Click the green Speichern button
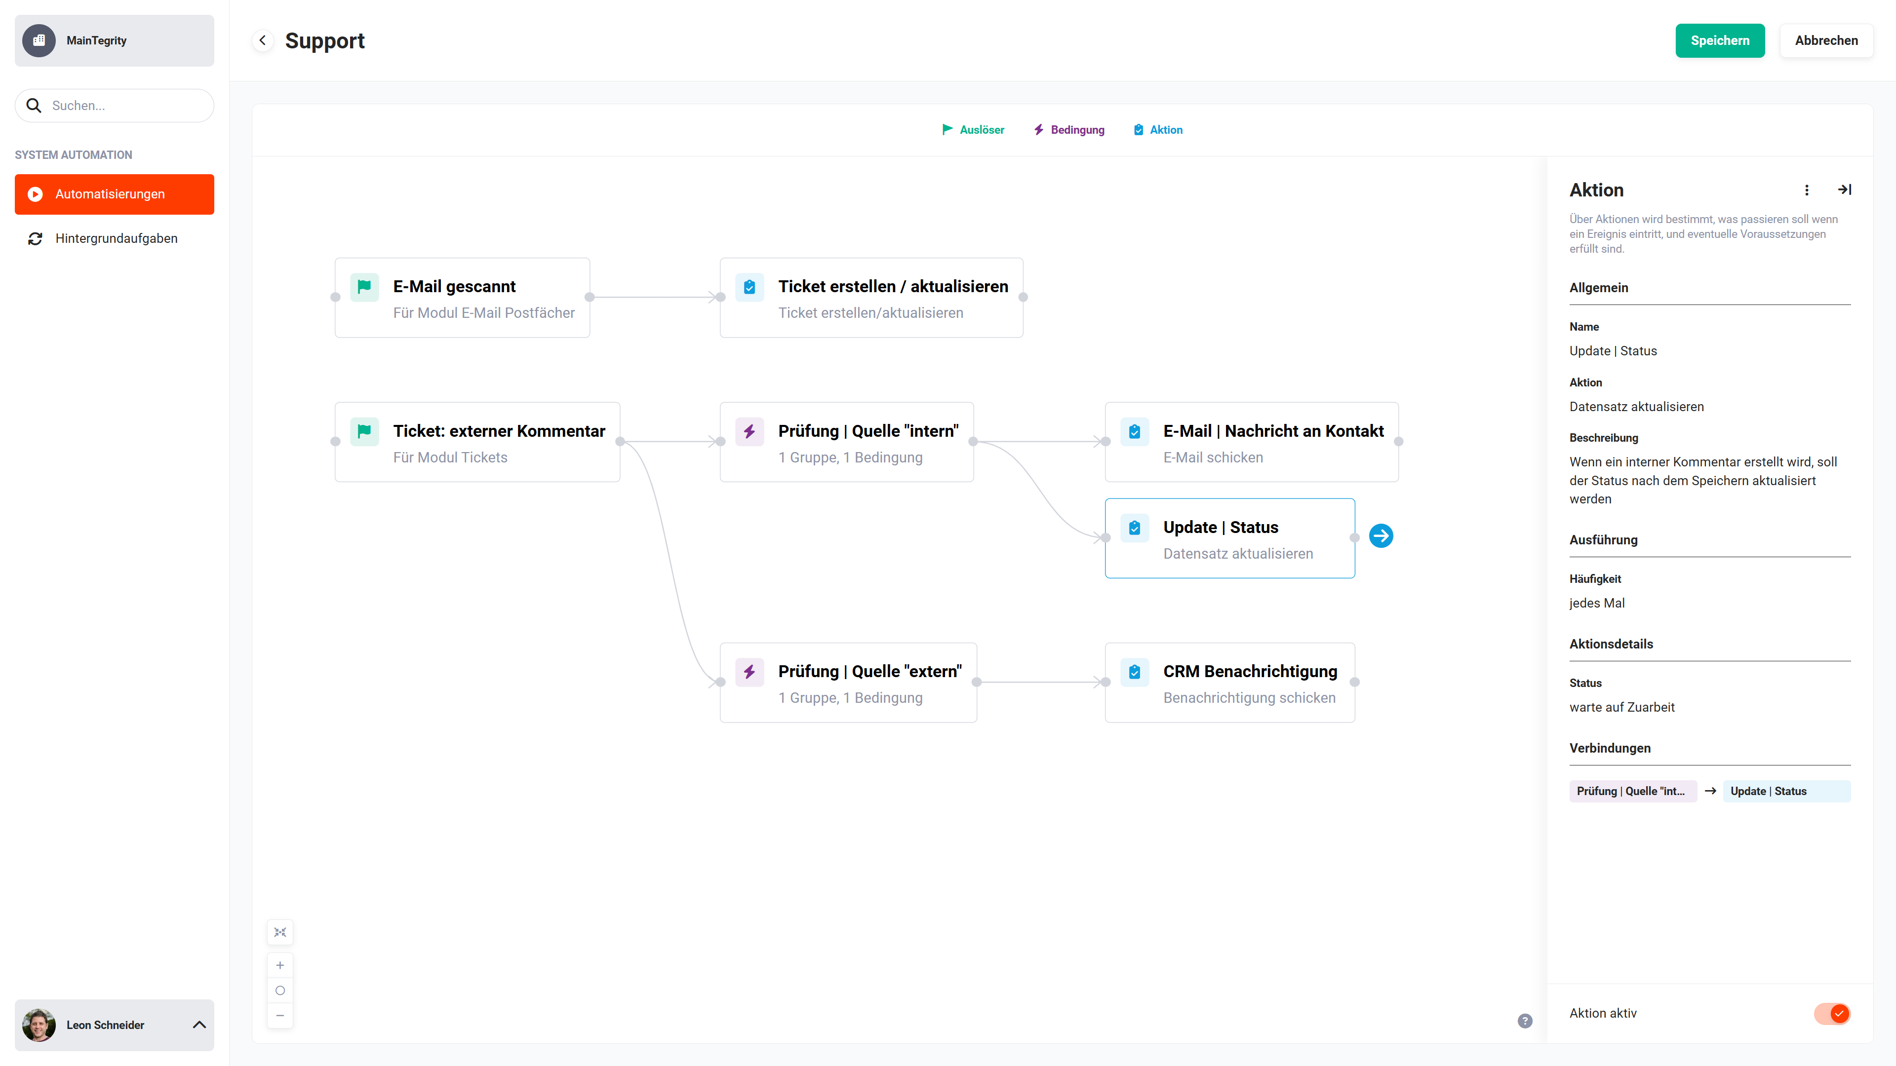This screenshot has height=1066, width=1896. pos(1719,40)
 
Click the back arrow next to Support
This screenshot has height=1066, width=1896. pos(263,40)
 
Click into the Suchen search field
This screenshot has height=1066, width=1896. pos(114,105)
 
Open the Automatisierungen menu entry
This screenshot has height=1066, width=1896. pos(114,194)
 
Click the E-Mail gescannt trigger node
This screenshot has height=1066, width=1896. pos(462,298)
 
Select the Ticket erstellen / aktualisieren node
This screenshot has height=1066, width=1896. pos(871,298)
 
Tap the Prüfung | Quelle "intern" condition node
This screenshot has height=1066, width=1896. pos(846,442)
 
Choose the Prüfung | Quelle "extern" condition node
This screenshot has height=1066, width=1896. pos(848,683)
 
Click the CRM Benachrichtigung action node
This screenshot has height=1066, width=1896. pos(1229,683)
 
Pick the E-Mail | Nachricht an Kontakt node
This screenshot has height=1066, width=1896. pos(1251,442)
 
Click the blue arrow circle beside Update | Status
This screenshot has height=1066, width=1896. pos(1381,535)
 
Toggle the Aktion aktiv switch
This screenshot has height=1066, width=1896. pos(1832,1013)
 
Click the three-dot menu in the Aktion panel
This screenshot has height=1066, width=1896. pos(1806,190)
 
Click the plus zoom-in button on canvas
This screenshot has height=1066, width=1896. pos(279,965)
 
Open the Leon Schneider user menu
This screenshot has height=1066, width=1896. pos(114,1025)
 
